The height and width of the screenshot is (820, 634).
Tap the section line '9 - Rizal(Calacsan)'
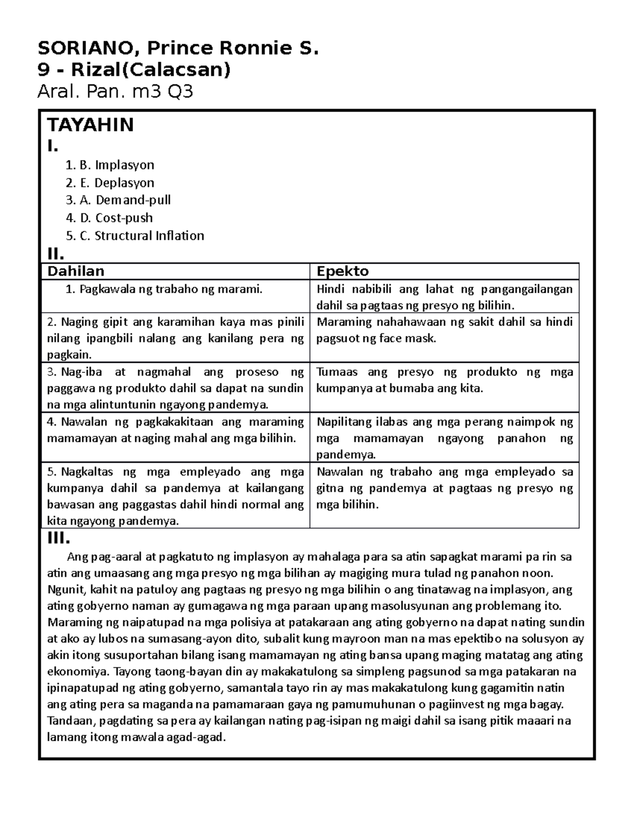(x=134, y=70)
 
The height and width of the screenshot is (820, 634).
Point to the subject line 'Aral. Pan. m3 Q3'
(x=115, y=92)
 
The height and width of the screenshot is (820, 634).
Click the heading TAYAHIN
(x=90, y=125)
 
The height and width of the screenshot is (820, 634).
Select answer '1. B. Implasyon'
(x=110, y=165)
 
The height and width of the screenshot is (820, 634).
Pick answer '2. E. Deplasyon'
(x=110, y=183)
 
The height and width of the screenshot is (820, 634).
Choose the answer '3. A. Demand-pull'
(x=118, y=200)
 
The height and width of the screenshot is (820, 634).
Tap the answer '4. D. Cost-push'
(x=109, y=218)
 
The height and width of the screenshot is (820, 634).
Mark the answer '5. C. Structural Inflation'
(x=135, y=235)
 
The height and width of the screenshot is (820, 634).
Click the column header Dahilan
(x=76, y=271)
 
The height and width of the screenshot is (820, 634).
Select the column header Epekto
(x=342, y=271)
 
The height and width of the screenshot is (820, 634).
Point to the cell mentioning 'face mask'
(x=444, y=331)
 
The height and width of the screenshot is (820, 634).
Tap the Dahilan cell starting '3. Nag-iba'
(x=175, y=389)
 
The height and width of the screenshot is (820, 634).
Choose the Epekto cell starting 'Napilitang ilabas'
(x=444, y=438)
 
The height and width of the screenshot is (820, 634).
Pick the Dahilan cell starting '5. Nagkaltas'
(x=175, y=496)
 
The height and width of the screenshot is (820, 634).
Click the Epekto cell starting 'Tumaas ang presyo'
(x=444, y=380)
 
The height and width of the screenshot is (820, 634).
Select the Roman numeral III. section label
(x=59, y=539)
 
